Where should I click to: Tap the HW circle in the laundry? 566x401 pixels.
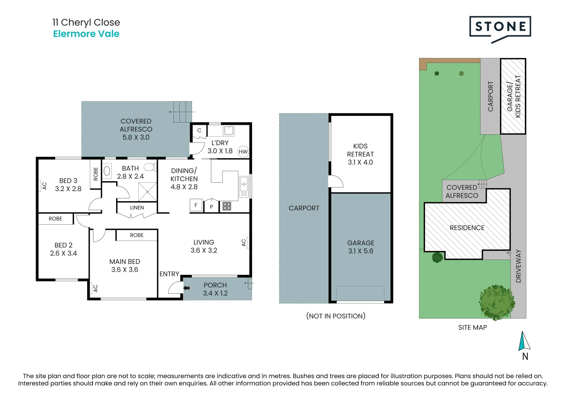coord(243,151)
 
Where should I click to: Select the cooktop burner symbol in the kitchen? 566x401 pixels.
coord(226,206)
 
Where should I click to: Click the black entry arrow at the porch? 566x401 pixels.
coord(186,288)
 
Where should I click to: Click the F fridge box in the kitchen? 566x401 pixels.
coord(196,205)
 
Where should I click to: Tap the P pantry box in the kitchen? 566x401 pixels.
coord(212,206)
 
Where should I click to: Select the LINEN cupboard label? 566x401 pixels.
coord(137,208)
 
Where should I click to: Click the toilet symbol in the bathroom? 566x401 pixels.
coord(150,167)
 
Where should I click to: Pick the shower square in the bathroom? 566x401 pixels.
coord(147,192)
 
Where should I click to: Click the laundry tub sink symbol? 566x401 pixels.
coord(228,131)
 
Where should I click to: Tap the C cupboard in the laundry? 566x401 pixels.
coord(199,131)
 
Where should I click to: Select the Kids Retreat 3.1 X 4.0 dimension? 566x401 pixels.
coord(360,162)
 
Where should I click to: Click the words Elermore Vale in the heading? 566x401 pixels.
coord(86,34)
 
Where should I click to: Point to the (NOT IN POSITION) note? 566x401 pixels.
coord(336,316)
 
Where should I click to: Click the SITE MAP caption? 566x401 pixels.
coord(473,327)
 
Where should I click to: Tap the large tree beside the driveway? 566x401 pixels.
coord(497,302)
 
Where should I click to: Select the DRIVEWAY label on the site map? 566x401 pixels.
coord(518,266)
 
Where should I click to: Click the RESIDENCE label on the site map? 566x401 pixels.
coord(467,228)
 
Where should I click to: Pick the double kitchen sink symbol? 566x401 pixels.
coord(244,187)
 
